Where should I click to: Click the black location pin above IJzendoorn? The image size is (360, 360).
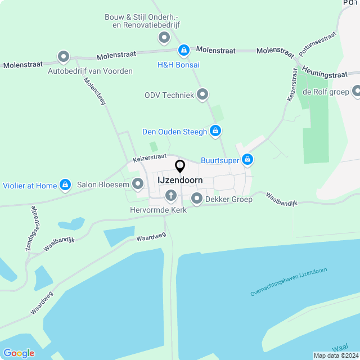point(180,166)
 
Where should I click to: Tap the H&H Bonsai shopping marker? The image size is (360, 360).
point(183,51)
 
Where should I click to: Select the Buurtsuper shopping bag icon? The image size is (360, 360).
point(247,160)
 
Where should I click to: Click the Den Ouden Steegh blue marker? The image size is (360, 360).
point(215,132)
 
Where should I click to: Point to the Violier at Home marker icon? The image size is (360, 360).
point(66,185)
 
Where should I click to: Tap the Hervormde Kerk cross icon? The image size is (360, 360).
point(170,196)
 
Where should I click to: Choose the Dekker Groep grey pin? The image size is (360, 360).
point(197,199)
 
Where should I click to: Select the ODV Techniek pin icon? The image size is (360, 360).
point(202,94)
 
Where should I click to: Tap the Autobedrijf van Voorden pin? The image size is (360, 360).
point(64,57)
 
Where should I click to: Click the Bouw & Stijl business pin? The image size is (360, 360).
point(164,38)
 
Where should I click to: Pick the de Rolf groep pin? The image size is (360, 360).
point(357,92)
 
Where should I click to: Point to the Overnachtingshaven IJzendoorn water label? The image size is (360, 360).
point(289,282)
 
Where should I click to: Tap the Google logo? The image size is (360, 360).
point(19,353)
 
